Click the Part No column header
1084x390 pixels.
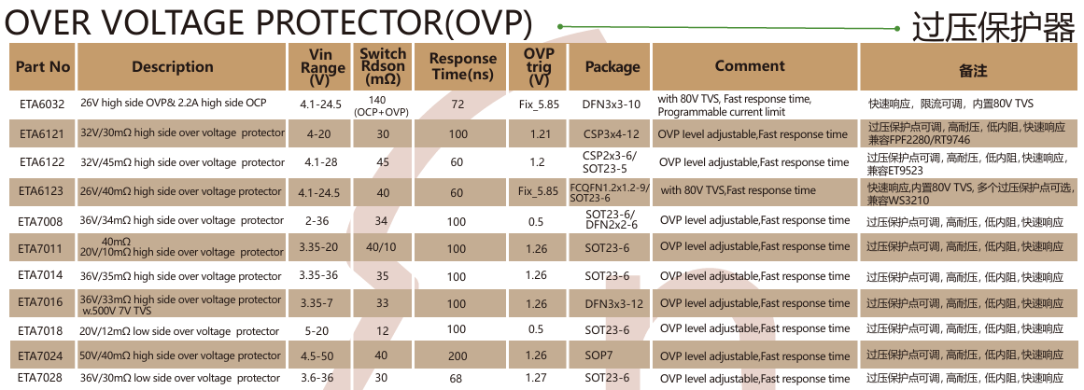point(43,67)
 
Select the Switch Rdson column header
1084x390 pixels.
point(383,67)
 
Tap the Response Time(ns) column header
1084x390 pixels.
point(462,67)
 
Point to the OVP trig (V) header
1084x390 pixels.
point(539,67)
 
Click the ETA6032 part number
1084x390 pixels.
point(42,104)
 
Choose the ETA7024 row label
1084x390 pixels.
point(42,355)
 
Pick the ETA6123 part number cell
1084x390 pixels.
point(42,191)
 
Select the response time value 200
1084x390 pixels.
point(457,355)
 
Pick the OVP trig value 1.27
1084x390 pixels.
point(536,378)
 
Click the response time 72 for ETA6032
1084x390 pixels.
point(457,104)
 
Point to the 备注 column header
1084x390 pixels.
point(972,69)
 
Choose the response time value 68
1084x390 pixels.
point(457,378)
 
